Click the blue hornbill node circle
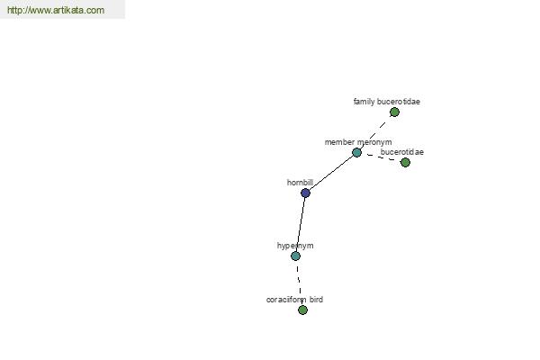(305, 193)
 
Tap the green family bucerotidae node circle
(394, 112)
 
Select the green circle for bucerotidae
(405, 162)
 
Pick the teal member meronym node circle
(356, 152)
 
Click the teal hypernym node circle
(295, 256)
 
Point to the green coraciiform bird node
(302, 310)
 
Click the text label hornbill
(300, 183)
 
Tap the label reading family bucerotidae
(387, 102)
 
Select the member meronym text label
(358, 142)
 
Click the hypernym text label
(295, 246)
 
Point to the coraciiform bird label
(294, 300)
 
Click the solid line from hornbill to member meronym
(331, 173)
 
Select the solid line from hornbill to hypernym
(301, 224)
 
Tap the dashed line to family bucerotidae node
(375, 132)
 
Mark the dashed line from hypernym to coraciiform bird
(299, 283)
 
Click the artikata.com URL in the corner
(56, 10)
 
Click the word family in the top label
(364, 102)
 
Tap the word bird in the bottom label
(316, 300)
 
